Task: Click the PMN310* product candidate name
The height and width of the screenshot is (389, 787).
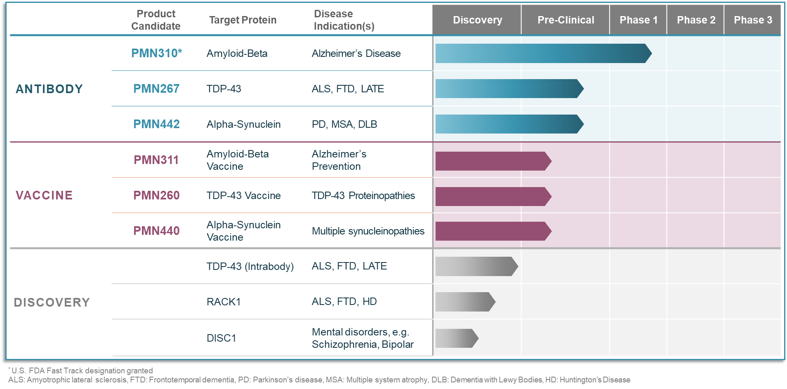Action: pos(156,53)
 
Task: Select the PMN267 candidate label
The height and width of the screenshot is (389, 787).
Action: pos(156,89)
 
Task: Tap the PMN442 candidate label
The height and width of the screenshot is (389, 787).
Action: pos(156,124)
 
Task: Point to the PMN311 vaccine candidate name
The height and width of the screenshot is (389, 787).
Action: pos(156,160)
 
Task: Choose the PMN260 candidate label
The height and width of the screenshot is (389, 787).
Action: pos(156,195)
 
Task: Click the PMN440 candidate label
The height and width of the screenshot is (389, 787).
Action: pos(156,231)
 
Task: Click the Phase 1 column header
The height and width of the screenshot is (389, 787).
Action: pos(638,20)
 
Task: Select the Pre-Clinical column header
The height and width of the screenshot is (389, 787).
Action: pos(566,20)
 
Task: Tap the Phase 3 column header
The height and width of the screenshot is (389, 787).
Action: pos(753,20)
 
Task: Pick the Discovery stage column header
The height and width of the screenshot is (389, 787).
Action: pos(477,20)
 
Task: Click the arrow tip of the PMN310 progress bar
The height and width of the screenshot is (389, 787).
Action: pos(648,53)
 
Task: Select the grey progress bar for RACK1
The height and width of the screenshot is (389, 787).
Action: pos(464,302)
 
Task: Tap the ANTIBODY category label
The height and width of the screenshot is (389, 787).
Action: pos(49,89)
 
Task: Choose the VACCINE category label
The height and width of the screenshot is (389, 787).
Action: pos(44,195)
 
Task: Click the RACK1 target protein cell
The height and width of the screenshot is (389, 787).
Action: pos(224,302)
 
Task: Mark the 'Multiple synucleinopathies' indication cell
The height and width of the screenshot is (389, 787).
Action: pos(368,231)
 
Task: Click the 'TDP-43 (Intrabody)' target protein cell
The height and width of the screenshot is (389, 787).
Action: pos(250,266)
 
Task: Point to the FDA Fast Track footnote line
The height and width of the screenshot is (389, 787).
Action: pos(81,370)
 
